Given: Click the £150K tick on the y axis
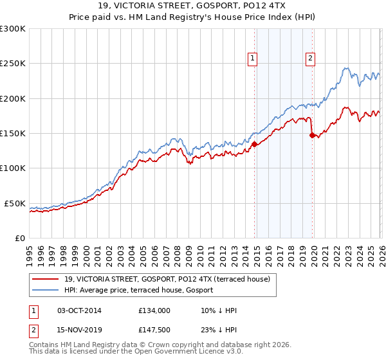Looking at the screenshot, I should [x=13, y=134].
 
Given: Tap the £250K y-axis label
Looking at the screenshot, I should [x=13, y=64].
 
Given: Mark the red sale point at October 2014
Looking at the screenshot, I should [x=254, y=144].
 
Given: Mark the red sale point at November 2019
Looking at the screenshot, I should [x=312, y=135].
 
